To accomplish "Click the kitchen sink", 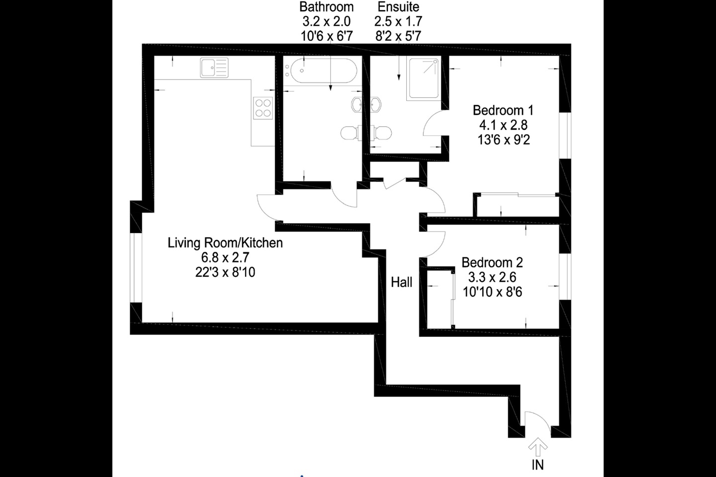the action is click(214, 68).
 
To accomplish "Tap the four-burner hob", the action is click(263, 108).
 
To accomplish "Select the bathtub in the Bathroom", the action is click(320, 71).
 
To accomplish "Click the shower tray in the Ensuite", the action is click(423, 79).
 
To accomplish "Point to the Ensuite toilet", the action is click(381, 133).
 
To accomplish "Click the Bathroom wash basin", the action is click(357, 104).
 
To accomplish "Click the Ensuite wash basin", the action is click(375, 104).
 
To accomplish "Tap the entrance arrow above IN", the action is click(537, 447).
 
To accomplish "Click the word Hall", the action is click(401, 282).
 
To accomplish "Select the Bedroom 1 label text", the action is click(503, 110).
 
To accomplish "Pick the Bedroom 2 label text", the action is click(492, 263).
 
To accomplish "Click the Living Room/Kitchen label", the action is click(225, 243).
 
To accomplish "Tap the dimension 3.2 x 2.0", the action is click(327, 21).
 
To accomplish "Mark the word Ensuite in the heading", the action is click(398, 7).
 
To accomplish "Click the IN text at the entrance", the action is click(537, 465).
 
